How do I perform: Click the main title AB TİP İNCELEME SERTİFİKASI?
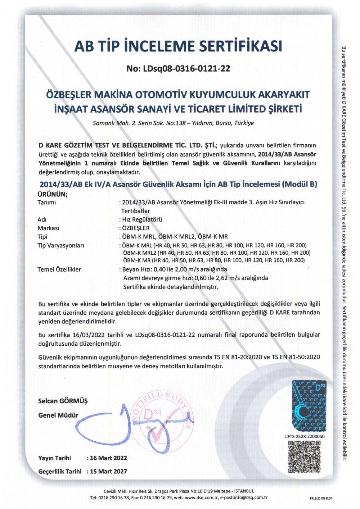pyautogui.click(x=178, y=46)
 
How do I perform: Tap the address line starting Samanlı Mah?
pyautogui.click(x=173, y=123)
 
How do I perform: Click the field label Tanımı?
pyautogui.click(x=47, y=203)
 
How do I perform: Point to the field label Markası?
pyautogui.click(x=48, y=228)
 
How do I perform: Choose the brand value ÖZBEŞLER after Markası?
pyautogui.click(x=136, y=228)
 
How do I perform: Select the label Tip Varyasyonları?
pyautogui.click(x=60, y=245)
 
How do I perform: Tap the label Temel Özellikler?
pyautogui.click(x=59, y=269)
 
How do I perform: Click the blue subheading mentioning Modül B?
pyautogui.click(x=178, y=185)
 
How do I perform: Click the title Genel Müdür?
pyautogui.click(x=58, y=415)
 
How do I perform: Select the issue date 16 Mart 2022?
pyautogui.click(x=108, y=458)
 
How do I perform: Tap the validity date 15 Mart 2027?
pyautogui.click(x=108, y=471)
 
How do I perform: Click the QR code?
pyautogui.click(x=304, y=457)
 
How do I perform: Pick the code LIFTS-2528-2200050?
pyautogui.click(x=304, y=436)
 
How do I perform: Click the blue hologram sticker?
pyautogui.click(x=309, y=406)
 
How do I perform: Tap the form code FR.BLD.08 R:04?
pyautogui.click(x=321, y=498)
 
